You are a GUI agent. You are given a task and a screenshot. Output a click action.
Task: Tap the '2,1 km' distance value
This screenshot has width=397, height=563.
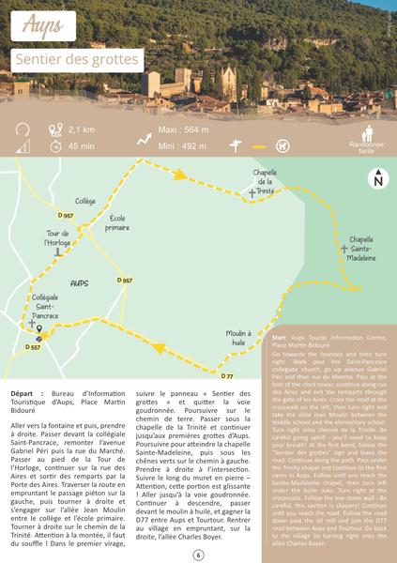click(82, 129)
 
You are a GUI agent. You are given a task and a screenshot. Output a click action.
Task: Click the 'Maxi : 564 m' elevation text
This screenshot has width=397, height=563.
click(183, 129)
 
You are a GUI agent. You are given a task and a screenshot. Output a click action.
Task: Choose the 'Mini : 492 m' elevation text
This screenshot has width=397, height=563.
click(183, 145)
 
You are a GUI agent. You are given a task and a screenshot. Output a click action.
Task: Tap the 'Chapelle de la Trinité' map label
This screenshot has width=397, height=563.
click(265, 181)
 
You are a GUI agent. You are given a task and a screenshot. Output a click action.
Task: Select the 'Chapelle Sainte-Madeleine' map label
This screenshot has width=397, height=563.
click(361, 248)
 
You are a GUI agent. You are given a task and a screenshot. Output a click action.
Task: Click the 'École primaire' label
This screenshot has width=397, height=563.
click(117, 222)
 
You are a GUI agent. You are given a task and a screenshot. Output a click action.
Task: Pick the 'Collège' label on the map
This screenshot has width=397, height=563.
click(85, 201)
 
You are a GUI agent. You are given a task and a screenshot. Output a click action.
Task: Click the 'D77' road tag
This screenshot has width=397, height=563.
click(226, 376)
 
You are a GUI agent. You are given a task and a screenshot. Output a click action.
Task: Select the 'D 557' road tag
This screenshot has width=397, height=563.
click(32, 347)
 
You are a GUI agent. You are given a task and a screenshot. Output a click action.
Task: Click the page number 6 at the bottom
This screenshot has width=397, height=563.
click(198, 555)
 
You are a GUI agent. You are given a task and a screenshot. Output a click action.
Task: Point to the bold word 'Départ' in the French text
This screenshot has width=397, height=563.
click(26, 393)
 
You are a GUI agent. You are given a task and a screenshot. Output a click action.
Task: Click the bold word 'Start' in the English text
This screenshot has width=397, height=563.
click(279, 336)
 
